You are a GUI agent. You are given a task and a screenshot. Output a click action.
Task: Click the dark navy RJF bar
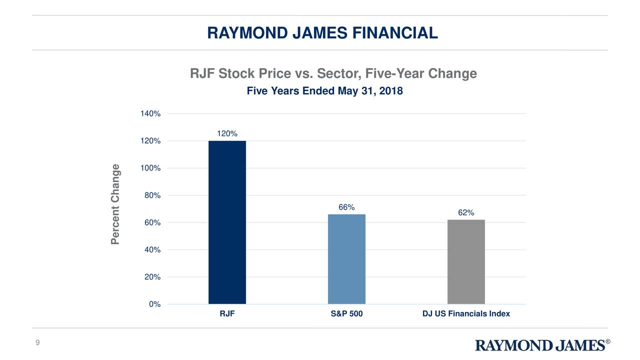click(x=227, y=222)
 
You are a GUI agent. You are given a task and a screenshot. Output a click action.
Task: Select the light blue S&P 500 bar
click(x=346, y=258)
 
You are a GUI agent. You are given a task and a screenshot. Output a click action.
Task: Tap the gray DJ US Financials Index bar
click(x=466, y=261)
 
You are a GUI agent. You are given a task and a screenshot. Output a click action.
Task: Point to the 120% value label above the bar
click(x=227, y=133)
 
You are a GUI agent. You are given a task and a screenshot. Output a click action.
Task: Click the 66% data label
click(x=346, y=207)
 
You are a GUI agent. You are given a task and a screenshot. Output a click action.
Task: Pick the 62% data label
click(x=466, y=212)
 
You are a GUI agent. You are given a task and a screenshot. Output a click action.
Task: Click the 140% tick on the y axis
click(x=150, y=114)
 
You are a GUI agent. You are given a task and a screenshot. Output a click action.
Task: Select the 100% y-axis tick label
click(x=150, y=168)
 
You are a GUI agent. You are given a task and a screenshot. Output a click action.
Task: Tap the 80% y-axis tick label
click(x=152, y=195)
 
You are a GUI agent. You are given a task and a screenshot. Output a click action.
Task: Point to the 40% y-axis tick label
click(x=152, y=250)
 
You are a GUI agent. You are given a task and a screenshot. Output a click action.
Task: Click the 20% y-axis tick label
click(x=152, y=277)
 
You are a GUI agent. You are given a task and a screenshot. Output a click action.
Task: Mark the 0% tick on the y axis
click(x=154, y=304)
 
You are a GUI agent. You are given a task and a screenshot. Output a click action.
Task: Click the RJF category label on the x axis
click(x=227, y=314)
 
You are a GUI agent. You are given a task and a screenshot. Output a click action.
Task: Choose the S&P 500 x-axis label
click(x=346, y=314)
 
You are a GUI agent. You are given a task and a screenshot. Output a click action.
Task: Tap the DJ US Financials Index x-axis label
click(x=466, y=314)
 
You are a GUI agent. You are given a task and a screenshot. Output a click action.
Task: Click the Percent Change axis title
click(x=116, y=204)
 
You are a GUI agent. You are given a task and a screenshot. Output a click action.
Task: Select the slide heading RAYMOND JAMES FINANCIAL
click(x=322, y=33)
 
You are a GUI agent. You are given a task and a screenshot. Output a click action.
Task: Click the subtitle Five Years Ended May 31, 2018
click(x=324, y=91)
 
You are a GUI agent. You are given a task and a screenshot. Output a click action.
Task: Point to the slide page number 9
click(x=37, y=342)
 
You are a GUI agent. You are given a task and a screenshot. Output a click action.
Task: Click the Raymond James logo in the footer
click(x=542, y=345)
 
